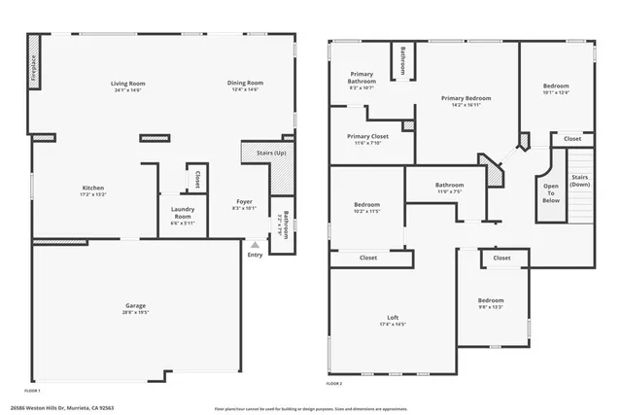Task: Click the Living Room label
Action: point(127,84)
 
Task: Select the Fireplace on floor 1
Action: point(35,63)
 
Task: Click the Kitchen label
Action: point(93,188)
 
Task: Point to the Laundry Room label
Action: point(182,213)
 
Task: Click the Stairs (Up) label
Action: point(271,154)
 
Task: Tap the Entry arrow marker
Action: point(255,245)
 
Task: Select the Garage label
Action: point(135,305)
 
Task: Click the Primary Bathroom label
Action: point(362,79)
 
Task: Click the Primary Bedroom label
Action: point(466,98)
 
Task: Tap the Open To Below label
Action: point(551,192)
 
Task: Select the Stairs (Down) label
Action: point(579,182)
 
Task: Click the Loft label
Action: point(393,318)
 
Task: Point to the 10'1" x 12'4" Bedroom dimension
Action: point(556,93)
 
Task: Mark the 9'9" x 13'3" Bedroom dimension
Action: point(491,307)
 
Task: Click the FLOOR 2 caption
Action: point(334,384)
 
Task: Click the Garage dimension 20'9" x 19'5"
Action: point(135,312)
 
